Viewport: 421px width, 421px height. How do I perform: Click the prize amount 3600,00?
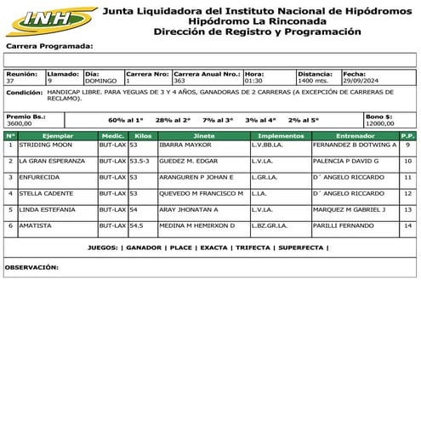tap(19, 123)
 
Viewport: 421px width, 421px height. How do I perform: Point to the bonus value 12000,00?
tap(379, 123)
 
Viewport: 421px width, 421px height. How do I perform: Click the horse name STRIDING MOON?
tap(46, 145)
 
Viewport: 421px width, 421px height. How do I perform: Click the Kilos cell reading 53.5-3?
tap(139, 161)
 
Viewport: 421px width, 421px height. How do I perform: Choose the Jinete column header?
tap(204, 136)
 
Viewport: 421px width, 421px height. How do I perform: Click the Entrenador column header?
tap(355, 136)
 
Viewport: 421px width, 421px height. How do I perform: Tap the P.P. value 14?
tap(408, 225)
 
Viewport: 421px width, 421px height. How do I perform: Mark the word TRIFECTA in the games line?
tap(252, 248)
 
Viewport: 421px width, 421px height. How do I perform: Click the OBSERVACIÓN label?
tap(31, 267)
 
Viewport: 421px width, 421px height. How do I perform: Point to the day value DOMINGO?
tap(104, 81)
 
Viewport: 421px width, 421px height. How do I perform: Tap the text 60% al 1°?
tap(127, 121)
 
